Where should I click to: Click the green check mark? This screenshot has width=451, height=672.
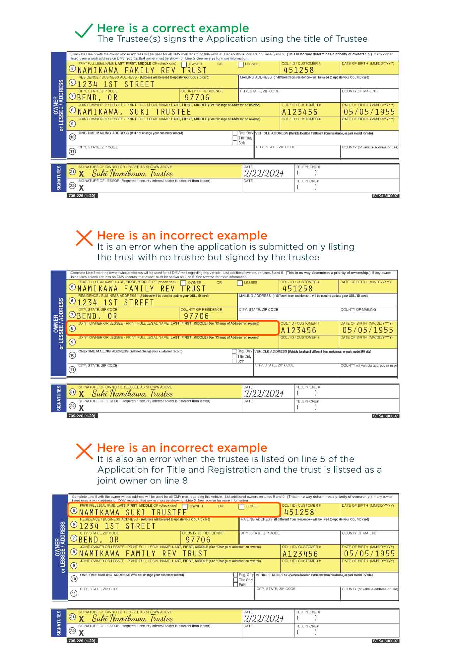click(x=84, y=31)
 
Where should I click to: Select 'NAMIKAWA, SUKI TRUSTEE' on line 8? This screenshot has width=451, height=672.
click(x=134, y=112)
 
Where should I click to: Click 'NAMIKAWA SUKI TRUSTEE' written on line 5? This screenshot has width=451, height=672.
click(x=133, y=512)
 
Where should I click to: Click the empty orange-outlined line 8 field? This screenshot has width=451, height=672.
click(x=172, y=329)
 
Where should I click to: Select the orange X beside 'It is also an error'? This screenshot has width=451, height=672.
click(x=84, y=451)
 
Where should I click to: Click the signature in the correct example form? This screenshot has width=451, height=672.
click(x=132, y=174)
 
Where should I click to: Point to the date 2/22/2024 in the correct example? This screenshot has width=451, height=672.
click(x=264, y=174)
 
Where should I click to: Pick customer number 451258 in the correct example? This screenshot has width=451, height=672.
click(x=298, y=70)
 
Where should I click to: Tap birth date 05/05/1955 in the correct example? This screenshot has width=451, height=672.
click(x=369, y=112)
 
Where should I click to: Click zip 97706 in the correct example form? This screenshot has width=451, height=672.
click(x=197, y=98)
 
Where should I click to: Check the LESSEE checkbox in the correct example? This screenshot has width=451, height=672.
click(x=241, y=65)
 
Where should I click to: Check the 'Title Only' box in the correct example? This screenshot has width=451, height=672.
click(x=235, y=138)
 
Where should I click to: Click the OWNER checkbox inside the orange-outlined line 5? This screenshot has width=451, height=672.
click(x=185, y=507)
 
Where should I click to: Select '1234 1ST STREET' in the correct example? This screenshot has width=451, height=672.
click(x=116, y=84)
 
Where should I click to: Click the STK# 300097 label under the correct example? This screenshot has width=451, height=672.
click(x=385, y=196)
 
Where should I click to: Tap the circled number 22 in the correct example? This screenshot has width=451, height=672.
click(x=72, y=186)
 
